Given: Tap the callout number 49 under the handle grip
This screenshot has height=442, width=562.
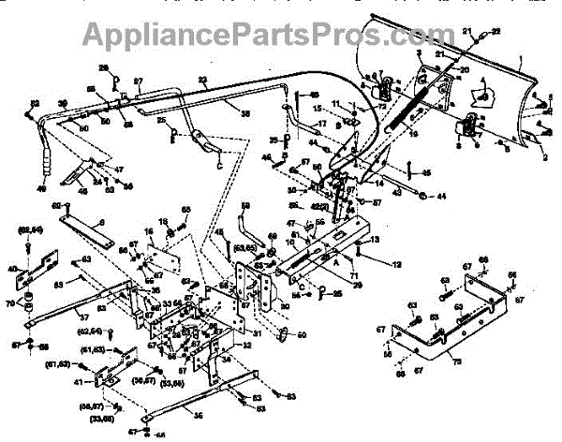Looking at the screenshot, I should click(x=40, y=187).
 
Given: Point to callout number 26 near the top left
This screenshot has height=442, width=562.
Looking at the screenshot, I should click(x=104, y=66).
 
